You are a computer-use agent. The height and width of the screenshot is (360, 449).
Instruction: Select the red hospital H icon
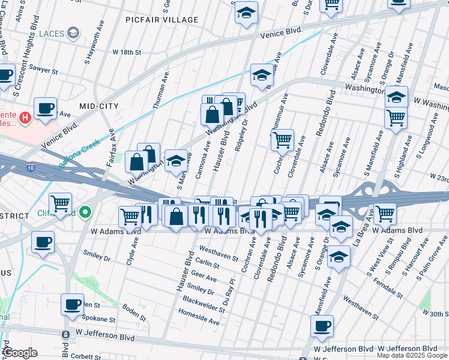point(25,118)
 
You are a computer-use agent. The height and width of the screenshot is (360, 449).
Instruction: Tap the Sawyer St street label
point(44,71)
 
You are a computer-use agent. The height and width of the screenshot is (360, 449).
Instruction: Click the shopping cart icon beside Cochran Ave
point(282,141)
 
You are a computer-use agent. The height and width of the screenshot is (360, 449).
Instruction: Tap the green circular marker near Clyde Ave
point(86,212)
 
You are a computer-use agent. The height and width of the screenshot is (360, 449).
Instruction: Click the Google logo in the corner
point(20,353)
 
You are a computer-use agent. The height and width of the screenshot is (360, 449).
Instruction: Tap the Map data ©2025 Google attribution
point(412,355)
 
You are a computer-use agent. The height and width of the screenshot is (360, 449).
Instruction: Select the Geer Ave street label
point(203,278)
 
